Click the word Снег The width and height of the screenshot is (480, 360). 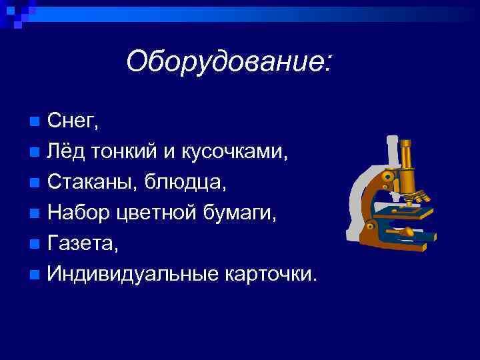tap(73, 121)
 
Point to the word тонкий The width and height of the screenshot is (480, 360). tap(126, 152)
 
